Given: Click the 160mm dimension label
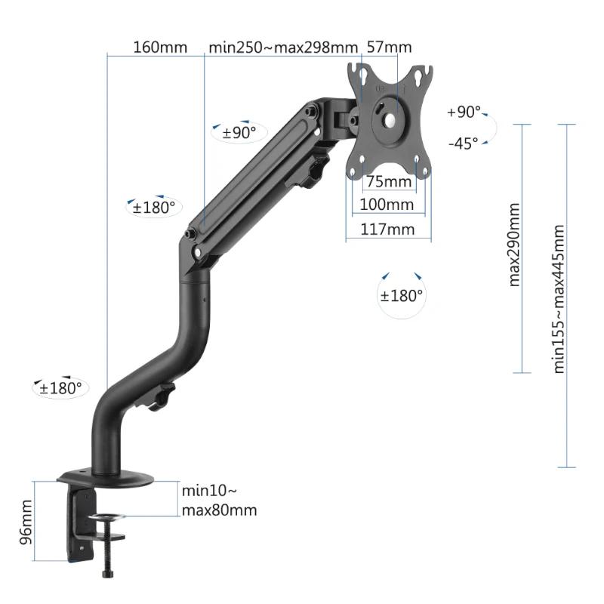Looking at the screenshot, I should click(x=159, y=47).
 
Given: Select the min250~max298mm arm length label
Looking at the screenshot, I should click(x=282, y=47).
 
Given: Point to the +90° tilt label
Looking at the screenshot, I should click(x=463, y=112).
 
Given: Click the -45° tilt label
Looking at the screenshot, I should click(x=463, y=143).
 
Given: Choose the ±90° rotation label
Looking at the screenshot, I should click(x=239, y=133).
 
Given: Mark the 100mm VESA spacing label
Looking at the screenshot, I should click(x=387, y=205).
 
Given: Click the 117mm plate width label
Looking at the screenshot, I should click(x=387, y=229).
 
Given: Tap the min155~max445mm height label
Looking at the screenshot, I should click(x=559, y=298).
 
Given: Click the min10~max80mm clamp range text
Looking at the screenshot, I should click(x=219, y=500).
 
